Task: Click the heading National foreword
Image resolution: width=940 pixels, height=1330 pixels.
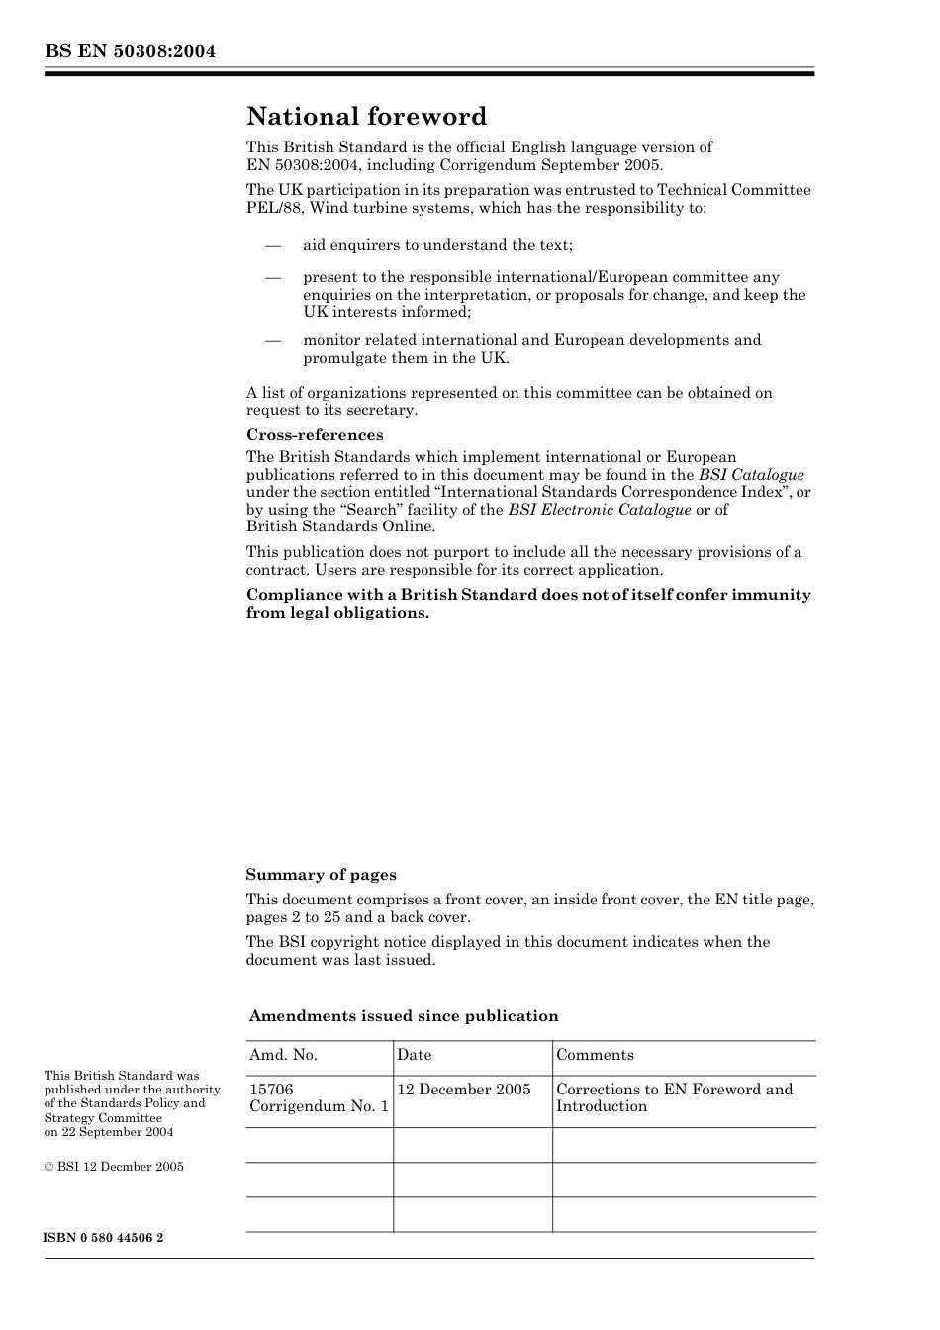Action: click(366, 117)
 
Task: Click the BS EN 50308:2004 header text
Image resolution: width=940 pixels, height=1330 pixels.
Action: click(130, 52)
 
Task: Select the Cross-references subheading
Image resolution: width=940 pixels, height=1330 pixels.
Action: click(315, 435)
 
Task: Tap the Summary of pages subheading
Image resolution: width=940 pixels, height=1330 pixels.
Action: click(321, 875)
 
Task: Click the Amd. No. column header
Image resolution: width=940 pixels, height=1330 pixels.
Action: click(283, 1055)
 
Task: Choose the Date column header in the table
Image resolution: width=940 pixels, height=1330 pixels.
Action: click(414, 1055)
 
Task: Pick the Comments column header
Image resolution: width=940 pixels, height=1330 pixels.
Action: click(595, 1055)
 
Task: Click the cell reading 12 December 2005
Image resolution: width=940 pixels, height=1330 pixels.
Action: click(463, 1090)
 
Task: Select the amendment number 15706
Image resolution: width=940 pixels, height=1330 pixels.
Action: click(271, 1090)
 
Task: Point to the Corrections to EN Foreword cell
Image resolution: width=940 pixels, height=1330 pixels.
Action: click(674, 1097)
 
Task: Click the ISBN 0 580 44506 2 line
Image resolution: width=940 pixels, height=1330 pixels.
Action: click(104, 1238)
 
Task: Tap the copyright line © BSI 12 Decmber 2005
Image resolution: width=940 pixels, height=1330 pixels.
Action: click(114, 1167)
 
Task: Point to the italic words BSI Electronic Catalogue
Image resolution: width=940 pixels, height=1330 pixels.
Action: click(599, 510)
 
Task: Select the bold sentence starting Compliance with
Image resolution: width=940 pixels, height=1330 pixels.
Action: click(528, 603)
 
